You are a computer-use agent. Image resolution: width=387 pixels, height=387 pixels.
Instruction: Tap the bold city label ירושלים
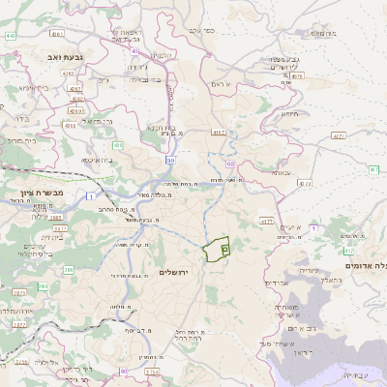pyautogui.click(x=176, y=273)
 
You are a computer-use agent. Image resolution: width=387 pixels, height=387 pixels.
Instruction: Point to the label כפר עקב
pyautogui.click(x=201, y=31)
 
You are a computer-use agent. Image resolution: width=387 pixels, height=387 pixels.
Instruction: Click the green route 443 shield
pyautogui.click(x=10, y=36)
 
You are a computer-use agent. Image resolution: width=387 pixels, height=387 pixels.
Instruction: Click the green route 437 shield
pyautogui.click(x=338, y=136)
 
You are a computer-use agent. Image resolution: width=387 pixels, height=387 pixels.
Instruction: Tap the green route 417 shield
pyautogui.click(x=265, y=221)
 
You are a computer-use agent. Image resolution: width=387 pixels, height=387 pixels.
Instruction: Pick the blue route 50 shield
pyautogui.click(x=171, y=159)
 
